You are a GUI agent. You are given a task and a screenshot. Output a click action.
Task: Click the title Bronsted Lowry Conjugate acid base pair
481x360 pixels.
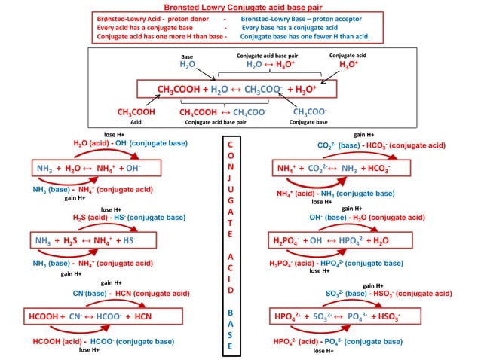(x=239, y=6)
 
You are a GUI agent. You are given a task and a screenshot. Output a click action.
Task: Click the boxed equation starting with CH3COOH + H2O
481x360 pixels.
(x=237, y=89)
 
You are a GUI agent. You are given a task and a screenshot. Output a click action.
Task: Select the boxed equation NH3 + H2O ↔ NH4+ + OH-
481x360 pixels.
(x=87, y=167)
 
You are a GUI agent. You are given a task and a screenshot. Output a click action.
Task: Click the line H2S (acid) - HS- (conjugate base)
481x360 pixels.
(x=129, y=218)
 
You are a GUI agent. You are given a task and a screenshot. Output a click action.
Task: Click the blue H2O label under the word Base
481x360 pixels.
(x=188, y=66)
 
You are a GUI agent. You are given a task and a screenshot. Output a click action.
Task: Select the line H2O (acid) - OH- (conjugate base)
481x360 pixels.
(x=119, y=142)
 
